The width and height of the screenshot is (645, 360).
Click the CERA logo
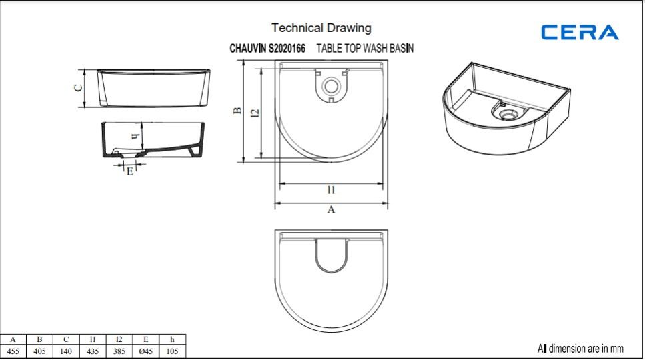coord(580,33)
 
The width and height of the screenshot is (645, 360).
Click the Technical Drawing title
coord(321,28)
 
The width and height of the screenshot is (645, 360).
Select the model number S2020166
coord(287,49)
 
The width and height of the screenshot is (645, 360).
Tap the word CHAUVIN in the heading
coord(248,49)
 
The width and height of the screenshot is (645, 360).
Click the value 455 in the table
coord(13,351)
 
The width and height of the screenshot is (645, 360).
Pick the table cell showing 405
coord(39,351)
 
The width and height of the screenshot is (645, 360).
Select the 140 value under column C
coord(66,351)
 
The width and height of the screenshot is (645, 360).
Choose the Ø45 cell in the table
coord(145,351)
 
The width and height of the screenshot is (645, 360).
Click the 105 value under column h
coord(172,351)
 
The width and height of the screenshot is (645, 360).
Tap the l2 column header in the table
coord(119,339)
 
